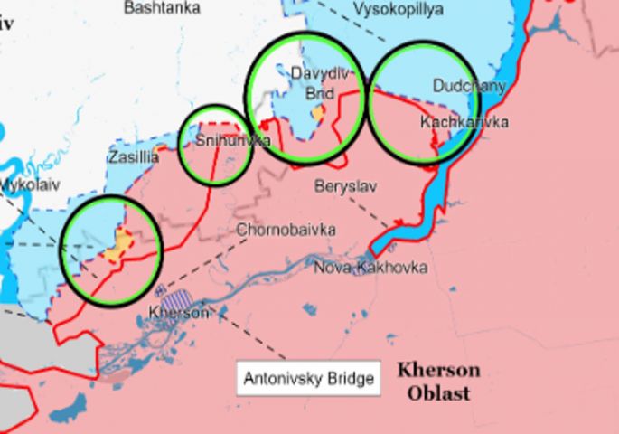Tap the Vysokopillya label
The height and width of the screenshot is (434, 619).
pos(398,9)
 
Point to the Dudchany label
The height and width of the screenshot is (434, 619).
pos(468,87)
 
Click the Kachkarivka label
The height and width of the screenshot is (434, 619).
pos(464,122)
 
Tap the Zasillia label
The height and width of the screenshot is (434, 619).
pos(133,157)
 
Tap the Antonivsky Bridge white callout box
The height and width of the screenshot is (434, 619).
pos(308,378)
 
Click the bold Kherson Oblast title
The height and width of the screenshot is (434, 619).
pos(438,382)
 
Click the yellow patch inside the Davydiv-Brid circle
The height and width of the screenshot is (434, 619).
pos(317,112)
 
